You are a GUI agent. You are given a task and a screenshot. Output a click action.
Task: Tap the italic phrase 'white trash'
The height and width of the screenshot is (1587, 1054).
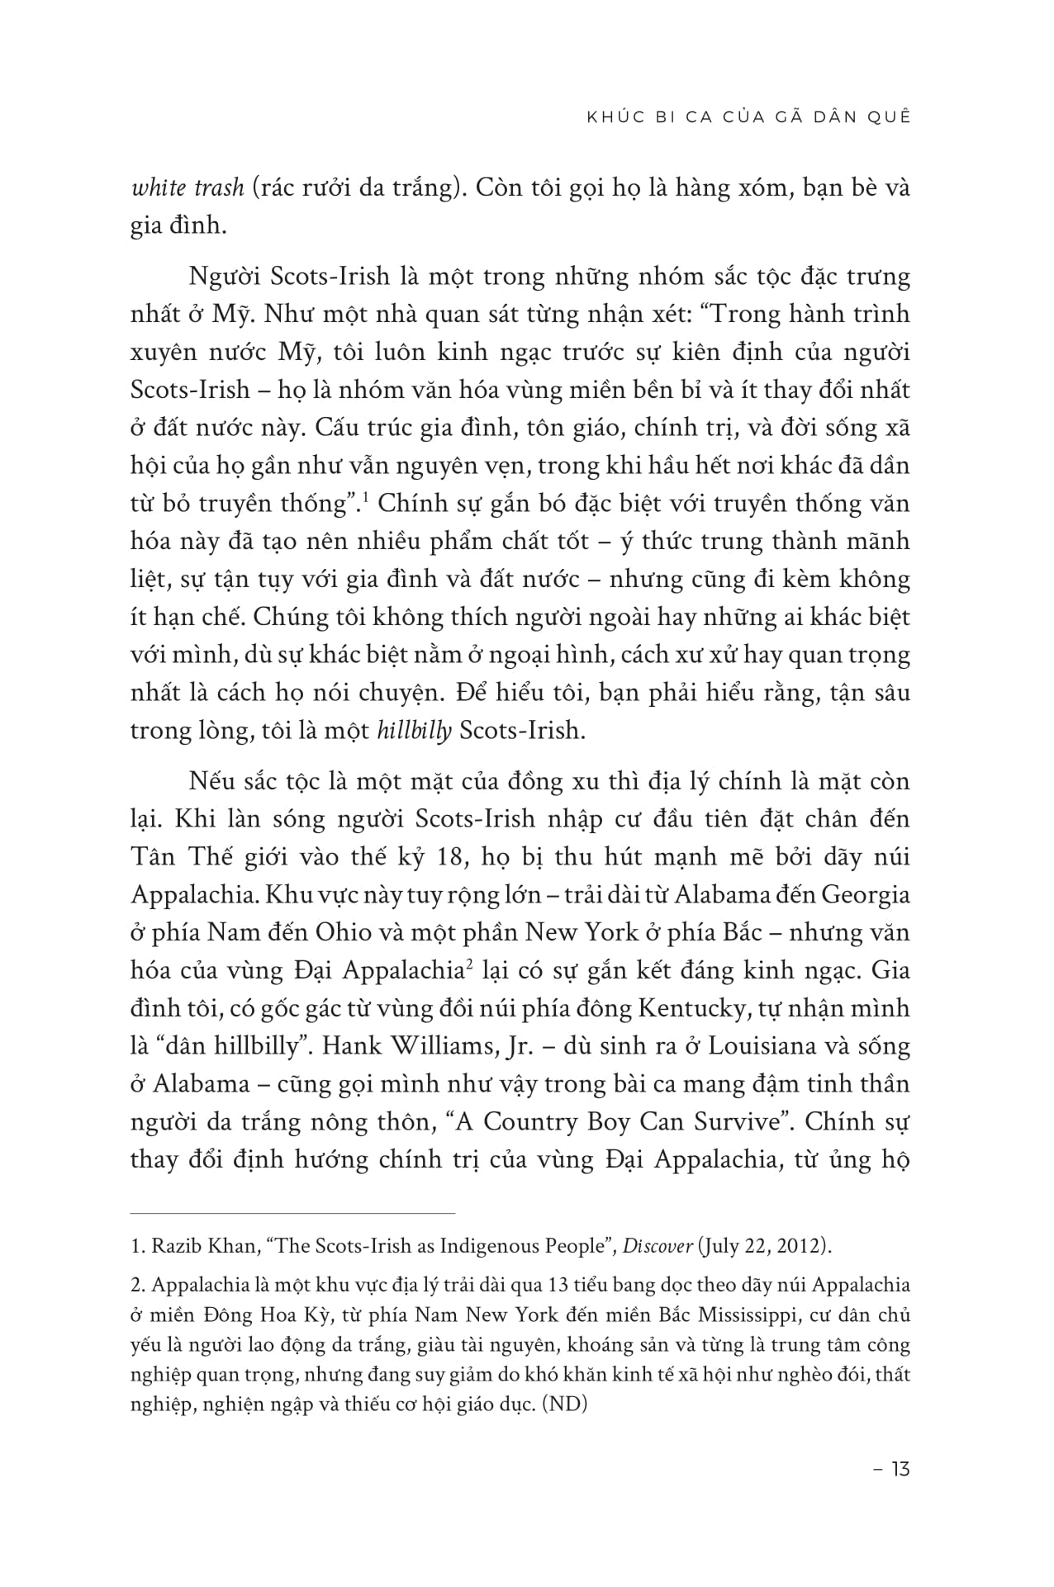coord(187,188)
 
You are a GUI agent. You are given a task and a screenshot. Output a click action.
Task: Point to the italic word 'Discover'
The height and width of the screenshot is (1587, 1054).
coord(658,1246)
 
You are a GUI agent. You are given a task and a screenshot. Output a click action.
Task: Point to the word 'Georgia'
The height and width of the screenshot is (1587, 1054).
coord(863,894)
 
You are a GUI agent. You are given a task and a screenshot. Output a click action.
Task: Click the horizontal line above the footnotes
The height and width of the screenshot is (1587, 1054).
coord(292,1213)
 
